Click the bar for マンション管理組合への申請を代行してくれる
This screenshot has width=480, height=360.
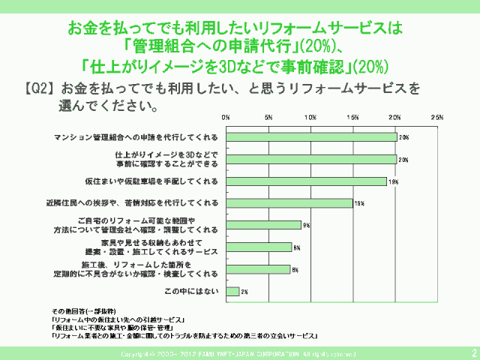tap(311, 137)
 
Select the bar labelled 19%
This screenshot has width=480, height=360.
tap(306, 181)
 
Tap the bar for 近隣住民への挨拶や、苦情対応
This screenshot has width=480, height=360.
tap(289, 202)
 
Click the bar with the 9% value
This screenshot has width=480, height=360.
tap(263, 225)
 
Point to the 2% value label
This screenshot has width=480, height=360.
tap(244, 291)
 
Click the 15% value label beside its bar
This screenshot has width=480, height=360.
tap(358, 203)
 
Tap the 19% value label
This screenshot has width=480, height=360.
tap(392, 181)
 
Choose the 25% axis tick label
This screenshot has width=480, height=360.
tap(437, 118)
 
